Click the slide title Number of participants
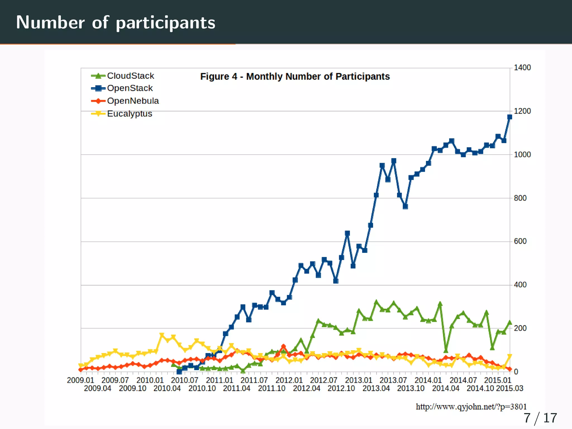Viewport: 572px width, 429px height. point(116,22)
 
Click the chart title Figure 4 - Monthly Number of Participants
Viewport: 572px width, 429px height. point(295,76)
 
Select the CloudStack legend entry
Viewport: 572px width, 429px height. point(130,76)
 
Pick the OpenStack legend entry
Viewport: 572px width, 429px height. point(130,88)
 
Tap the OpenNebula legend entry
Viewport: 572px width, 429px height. point(133,101)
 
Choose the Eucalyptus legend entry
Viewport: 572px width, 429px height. point(129,114)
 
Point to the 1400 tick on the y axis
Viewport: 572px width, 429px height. point(522,68)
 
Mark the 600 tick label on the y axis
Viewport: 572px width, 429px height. point(520,241)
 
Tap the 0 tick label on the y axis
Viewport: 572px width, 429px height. point(516,372)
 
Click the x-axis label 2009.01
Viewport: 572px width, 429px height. point(80,380)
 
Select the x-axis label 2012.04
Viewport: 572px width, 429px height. point(306,388)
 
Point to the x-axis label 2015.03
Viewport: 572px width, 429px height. point(509,388)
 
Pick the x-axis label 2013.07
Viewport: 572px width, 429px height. point(393,380)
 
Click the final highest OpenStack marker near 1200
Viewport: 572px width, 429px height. point(509,117)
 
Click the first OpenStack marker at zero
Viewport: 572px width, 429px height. point(179,372)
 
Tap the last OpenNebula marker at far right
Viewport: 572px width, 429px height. point(509,369)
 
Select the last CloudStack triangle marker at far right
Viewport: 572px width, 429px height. point(509,323)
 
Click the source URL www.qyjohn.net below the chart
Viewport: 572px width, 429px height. point(471,407)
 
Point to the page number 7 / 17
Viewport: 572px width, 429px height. point(540,418)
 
